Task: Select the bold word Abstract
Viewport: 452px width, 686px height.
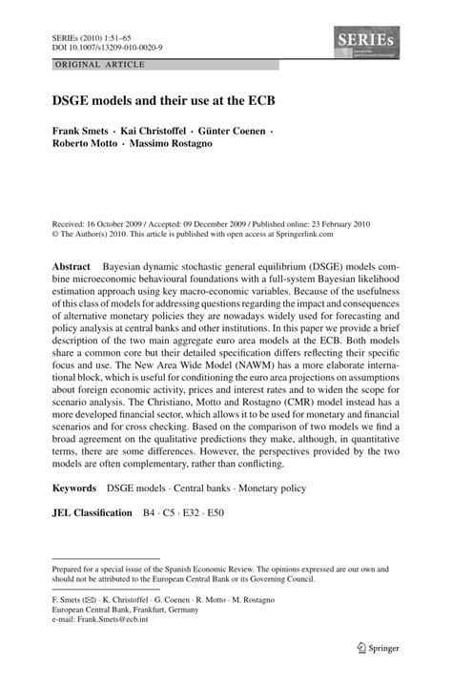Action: click(72, 260)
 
